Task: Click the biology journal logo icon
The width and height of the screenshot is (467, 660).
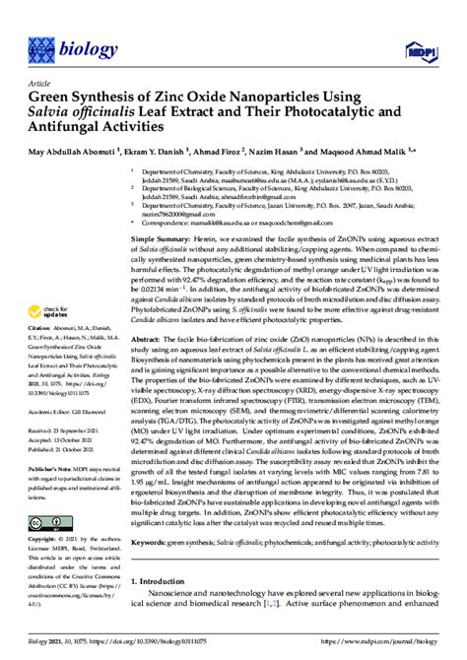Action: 41,45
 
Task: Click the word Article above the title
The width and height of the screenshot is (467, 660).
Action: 41,85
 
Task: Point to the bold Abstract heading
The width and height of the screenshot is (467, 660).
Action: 148,338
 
